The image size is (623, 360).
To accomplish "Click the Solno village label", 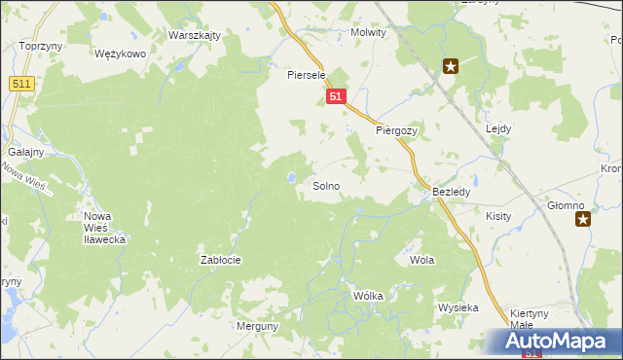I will tap(326, 185).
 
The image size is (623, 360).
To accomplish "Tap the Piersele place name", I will tap(305, 74).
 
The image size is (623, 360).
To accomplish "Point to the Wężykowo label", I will tap(121, 54).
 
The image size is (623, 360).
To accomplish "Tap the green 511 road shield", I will tap(22, 85).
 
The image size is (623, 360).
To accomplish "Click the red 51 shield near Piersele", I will tap(336, 97).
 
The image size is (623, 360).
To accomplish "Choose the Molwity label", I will tap(368, 32).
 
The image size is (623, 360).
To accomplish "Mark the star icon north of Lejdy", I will tap(451, 66).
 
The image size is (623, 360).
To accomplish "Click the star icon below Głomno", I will tap(583, 220).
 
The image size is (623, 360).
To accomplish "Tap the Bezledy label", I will tap(452, 193).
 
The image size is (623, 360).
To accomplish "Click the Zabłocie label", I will tap(220, 260).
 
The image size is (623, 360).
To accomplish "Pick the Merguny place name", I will tap(257, 327).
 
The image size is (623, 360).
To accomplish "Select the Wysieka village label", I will tap(458, 307).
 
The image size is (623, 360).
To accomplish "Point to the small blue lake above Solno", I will tap(291, 177).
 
